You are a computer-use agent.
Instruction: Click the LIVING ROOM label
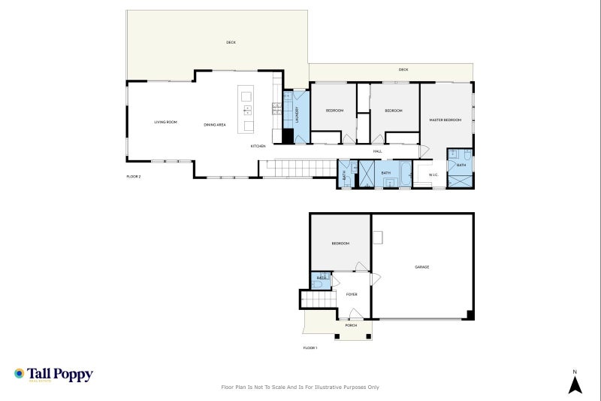(x=165, y=122)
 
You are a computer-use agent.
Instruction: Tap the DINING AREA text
(x=215, y=124)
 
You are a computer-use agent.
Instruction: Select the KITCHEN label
(x=258, y=146)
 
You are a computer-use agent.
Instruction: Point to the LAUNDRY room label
(x=297, y=114)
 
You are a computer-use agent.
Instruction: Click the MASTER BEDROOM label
(x=445, y=120)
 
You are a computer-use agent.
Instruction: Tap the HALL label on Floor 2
(x=378, y=151)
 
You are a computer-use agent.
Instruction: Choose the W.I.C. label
(x=433, y=175)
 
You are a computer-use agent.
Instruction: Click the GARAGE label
(x=422, y=266)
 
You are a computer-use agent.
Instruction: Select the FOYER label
(x=352, y=294)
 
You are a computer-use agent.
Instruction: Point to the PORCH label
(x=351, y=325)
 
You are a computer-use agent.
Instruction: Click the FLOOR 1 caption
(x=310, y=348)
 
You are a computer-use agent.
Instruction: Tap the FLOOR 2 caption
(x=134, y=176)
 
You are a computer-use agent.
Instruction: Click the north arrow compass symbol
(x=575, y=384)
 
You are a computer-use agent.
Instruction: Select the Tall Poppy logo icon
(x=20, y=374)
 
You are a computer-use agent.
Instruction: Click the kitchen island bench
(x=246, y=109)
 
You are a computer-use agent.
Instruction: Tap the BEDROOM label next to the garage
(x=340, y=243)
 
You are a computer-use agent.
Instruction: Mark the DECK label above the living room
(x=231, y=42)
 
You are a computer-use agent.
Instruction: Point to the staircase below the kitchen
(x=296, y=169)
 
